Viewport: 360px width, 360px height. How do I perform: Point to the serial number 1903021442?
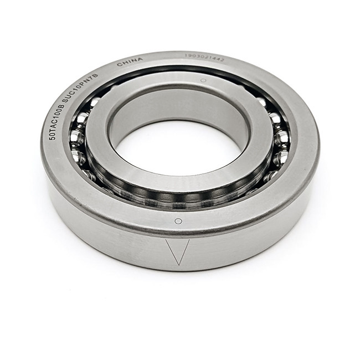(x=204, y=56)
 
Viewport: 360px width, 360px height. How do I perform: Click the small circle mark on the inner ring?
(x=203, y=81)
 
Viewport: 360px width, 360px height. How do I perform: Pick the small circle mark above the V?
(x=178, y=221)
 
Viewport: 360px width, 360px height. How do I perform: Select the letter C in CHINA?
(x=119, y=64)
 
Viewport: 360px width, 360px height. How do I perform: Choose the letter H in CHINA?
(x=125, y=62)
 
